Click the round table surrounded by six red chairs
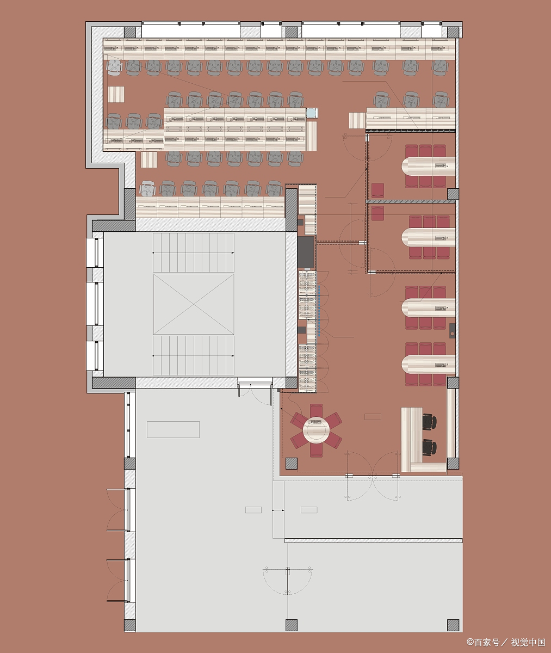tap(316, 430)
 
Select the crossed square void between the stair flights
tap(194, 304)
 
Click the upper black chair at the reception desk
tap(429, 421)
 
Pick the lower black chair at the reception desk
tap(429, 447)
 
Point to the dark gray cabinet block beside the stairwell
tap(306, 252)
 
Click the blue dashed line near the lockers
tap(319, 310)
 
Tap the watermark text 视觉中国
tap(528, 642)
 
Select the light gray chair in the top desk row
tap(114, 67)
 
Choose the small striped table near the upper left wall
tap(116, 95)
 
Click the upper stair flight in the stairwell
tap(194, 252)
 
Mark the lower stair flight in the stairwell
tap(194, 355)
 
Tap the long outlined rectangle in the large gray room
tap(174, 429)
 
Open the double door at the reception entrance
tap(373, 476)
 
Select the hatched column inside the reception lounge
tap(292, 464)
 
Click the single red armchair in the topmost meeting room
tap(377, 190)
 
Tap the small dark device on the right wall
tap(452, 331)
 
